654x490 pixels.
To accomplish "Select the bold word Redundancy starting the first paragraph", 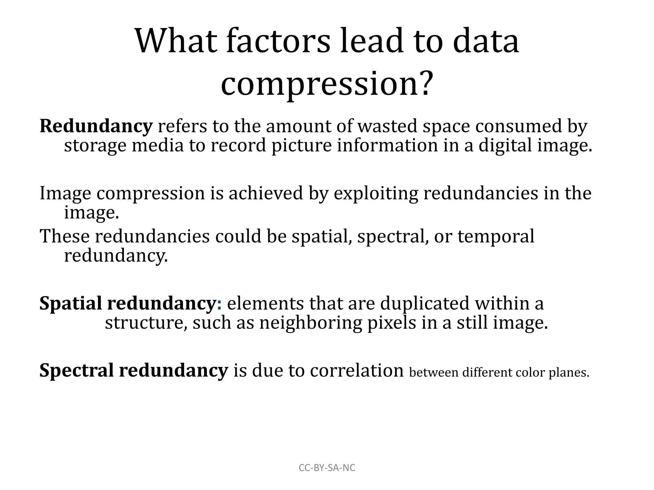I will pyautogui.click(x=96, y=126).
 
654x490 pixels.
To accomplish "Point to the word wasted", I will pyautogui.click(x=387, y=126).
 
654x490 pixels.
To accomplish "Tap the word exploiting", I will pyautogui.click(x=376, y=194).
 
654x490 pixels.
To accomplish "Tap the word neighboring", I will pyautogui.click(x=310, y=323).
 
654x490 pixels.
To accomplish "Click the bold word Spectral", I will pyautogui.click(x=76, y=371).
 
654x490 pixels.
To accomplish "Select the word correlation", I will pyautogui.click(x=357, y=371).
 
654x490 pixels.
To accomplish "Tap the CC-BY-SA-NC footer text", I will pyautogui.click(x=327, y=468).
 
